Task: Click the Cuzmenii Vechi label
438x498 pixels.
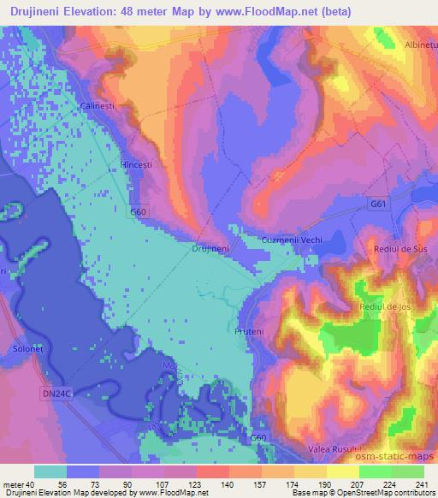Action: click(292, 240)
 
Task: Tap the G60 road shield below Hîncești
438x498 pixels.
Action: click(139, 210)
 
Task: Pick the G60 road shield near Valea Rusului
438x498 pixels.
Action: click(258, 439)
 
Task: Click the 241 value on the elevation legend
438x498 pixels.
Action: click(421, 483)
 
